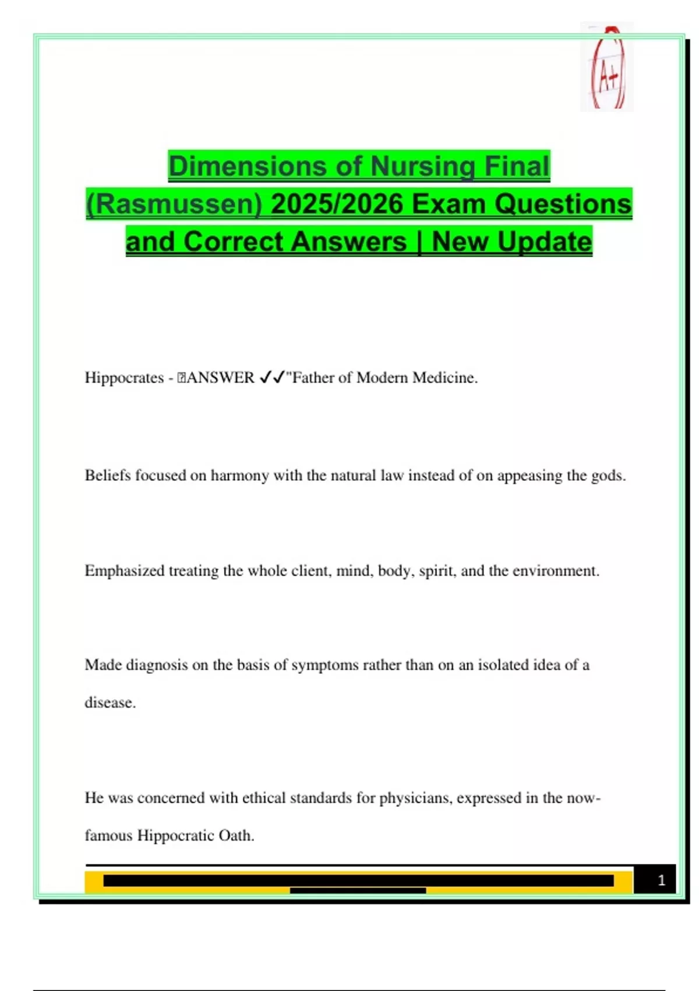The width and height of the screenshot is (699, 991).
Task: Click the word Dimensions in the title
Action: pos(245,166)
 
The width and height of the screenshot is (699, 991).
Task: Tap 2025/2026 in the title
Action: pos(337,204)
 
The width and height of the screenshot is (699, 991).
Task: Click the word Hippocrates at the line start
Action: pos(124,378)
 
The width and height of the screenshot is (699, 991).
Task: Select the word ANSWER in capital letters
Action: pos(220,378)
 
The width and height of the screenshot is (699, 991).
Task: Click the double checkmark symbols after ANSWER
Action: pos(271,378)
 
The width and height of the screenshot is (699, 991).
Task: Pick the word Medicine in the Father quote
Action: pos(446,378)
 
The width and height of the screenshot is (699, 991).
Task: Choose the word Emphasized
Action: pos(125,571)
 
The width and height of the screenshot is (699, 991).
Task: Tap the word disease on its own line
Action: pos(110,702)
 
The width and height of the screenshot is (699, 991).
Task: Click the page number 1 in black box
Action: pos(661,880)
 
